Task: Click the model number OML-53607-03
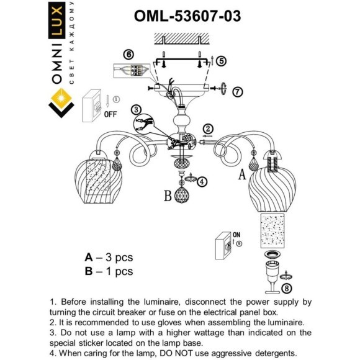[x=187, y=16]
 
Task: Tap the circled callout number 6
[x=128, y=54]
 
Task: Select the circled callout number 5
[x=222, y=60]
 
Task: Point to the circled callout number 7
[x=237, y=91]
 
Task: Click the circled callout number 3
[x=137, y=109]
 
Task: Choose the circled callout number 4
[x=202, y=181]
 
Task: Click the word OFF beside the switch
[x=110, y=114]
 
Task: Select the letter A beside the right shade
[x=243, y=176]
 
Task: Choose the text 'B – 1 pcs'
[x=109, y=271]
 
